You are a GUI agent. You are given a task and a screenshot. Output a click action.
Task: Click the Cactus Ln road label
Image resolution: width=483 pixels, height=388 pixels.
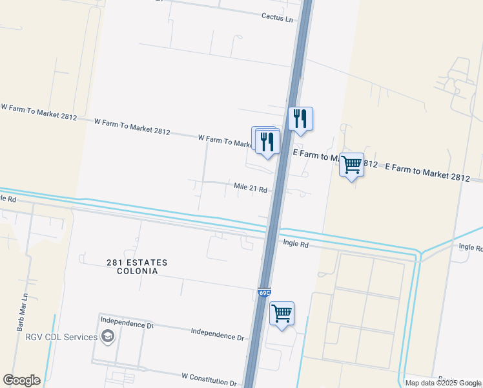277,17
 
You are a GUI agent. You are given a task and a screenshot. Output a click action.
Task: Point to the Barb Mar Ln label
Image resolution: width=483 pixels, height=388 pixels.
21,314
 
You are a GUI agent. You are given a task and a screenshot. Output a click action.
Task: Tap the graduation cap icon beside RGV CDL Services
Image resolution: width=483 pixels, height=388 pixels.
108,336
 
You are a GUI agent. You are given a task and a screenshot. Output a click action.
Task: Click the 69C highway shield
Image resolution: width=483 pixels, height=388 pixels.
264,293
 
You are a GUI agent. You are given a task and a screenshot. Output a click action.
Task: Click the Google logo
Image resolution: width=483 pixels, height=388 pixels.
21,380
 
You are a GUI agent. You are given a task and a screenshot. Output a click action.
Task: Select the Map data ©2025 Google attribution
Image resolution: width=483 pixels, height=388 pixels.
443,383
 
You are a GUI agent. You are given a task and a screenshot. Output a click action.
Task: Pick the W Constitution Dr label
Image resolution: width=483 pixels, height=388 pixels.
209,378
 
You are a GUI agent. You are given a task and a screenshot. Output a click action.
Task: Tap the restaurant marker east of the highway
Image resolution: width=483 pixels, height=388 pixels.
300,119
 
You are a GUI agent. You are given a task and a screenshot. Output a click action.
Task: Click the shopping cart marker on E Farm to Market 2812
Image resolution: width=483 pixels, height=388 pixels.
351,166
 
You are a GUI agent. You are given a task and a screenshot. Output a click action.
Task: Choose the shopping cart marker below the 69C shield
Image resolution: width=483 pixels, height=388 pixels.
282,314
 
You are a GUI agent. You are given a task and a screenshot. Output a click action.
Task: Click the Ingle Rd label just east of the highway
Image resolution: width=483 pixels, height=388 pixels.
296,244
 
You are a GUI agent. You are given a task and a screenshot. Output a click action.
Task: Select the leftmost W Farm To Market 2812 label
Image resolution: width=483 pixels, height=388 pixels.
38,112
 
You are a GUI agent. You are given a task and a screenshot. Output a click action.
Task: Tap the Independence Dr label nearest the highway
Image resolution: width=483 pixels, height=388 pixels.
218,334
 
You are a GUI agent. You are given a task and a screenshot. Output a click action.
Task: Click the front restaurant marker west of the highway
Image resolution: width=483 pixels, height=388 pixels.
268,142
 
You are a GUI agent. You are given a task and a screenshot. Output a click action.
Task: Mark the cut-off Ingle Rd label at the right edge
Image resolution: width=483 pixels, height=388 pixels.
471,247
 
